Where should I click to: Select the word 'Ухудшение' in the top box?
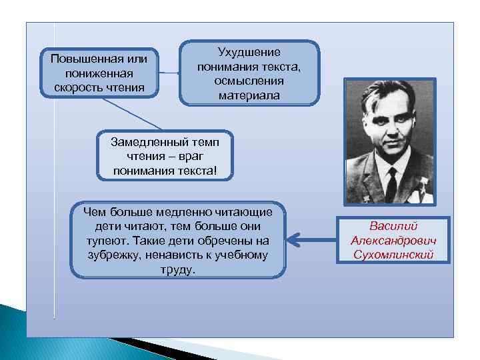(249, 52)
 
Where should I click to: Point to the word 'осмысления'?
(249, 81)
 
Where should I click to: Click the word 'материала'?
(249, 95)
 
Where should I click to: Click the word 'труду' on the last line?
(177, 270)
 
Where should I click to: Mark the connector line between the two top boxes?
(169, 72)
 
